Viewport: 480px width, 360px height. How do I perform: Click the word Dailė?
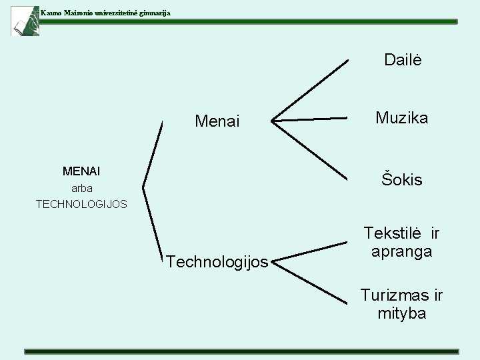click(x=403, y=60)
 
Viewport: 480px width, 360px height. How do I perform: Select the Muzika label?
click(x=401, y=119)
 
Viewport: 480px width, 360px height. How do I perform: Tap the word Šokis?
click(x=401, y=179)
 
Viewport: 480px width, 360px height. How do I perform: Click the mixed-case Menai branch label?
click(x=217, y=121)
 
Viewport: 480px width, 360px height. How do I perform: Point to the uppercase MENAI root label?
click(x=81, y=172)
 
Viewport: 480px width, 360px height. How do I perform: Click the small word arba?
click(x=81, y=188)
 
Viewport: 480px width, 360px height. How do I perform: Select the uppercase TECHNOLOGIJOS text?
click(x=81, y=203)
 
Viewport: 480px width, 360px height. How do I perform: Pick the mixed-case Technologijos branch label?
click(x=217, y=262)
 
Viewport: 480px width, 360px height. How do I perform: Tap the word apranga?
click(x=401, y=251)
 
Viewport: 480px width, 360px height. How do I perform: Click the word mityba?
click(x=401, y=313)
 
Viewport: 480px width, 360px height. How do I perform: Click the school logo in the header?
click(x=25, y=20)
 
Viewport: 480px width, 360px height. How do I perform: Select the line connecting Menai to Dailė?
click(x=310, y=91)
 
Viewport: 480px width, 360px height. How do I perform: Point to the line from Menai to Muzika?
click(x=310, y=120)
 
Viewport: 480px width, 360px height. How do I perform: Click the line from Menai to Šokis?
click(x=310, y=151)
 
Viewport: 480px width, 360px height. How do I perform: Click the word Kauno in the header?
click(x=51, y=13)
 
